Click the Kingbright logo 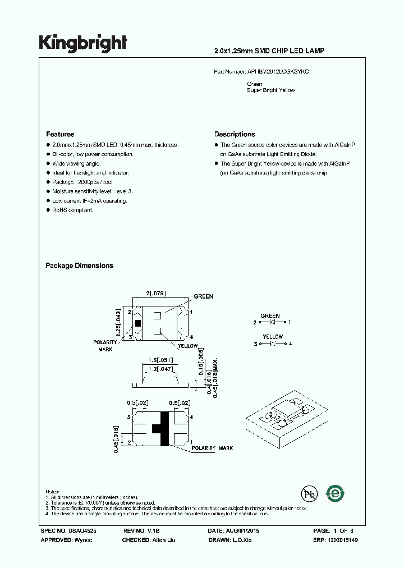pyautogui.click(x=82, y=43)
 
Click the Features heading pyautogui.click(x=60, y=135)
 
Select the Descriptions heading pyautogui.click(x=235, y=135)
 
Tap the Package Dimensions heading pyautogui.click(x=79, y=266)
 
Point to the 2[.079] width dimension pyautogui.click(x=156, y=294)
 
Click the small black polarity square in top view pyautogui.click(x=137, y=324)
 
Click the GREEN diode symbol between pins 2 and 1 pyautogui.click(x=271, y=323)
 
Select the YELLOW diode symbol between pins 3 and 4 pyautogui.click(x=271, y=343)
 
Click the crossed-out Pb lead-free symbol pyautogui.click(x=308, y=494)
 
